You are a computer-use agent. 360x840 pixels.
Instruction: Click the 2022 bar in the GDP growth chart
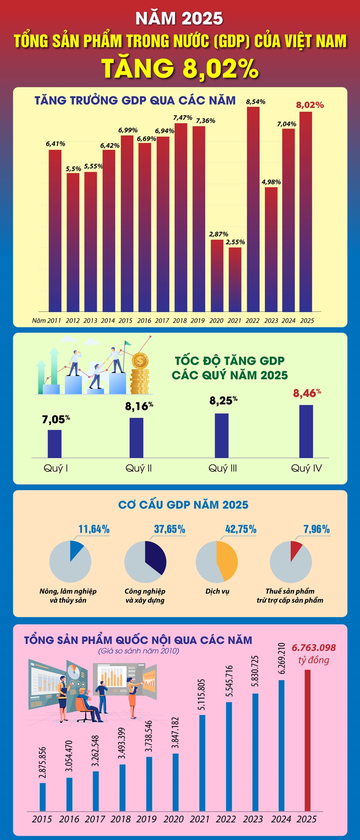point(253,209)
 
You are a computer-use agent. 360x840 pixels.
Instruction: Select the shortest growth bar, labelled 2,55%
point(235,279)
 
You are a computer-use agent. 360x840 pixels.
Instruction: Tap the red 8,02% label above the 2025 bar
point(310,105)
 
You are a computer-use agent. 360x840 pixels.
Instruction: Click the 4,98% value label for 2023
point(271,182)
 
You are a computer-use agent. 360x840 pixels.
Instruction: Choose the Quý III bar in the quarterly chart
point(221,436)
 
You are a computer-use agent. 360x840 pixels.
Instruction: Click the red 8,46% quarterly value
point(307,393)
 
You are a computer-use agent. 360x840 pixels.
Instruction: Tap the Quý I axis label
point(56,468)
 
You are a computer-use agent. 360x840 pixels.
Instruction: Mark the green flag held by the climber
point(128,343)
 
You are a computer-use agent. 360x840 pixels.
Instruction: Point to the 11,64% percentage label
point(94,529)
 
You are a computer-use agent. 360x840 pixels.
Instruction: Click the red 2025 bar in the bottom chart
point(307,740)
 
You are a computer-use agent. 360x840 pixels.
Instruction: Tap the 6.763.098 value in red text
point(314,648)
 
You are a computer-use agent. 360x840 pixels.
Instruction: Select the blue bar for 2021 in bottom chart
point(202,763)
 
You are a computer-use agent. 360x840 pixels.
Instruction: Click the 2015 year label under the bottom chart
point(42,819)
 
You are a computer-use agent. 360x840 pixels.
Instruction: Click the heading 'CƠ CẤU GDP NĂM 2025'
point(183,505)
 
